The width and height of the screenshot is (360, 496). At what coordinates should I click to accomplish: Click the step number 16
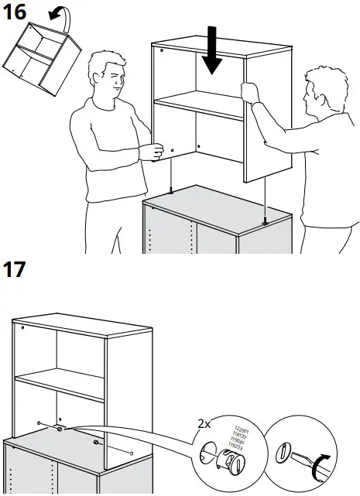point(18,13)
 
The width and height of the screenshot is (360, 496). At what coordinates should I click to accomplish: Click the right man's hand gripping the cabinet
point(249,92)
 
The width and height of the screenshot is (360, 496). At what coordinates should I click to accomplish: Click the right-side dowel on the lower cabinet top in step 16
point(266,220)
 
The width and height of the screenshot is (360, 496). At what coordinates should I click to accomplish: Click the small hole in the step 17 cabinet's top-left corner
point(23,328)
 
